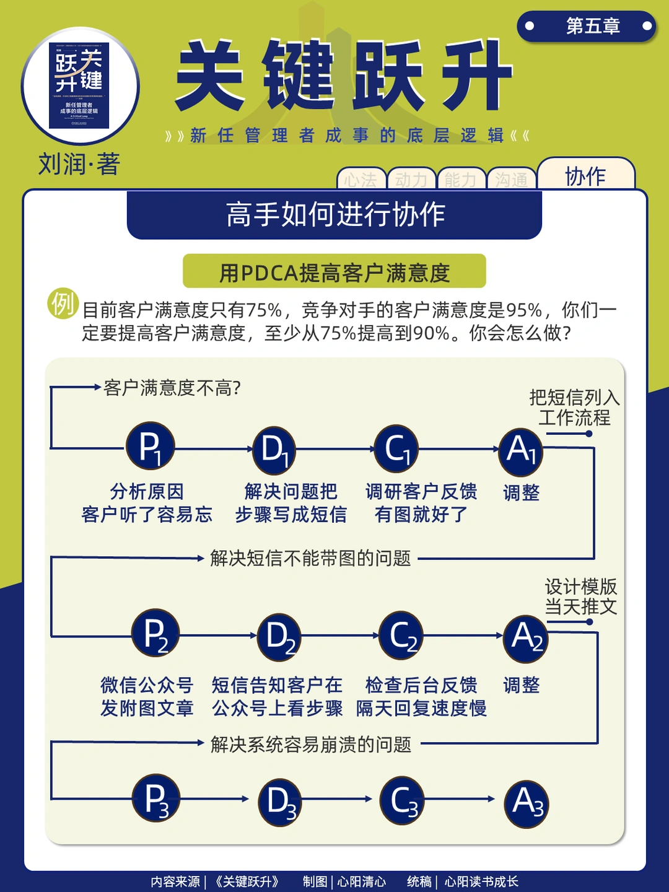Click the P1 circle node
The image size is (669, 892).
pos(150,447)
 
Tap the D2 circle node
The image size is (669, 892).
pos(279,636)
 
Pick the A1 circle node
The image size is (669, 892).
pos(520,450)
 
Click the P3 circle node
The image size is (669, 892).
pos(155,799)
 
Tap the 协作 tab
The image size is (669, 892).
pos(585,176)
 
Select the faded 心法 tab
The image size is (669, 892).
pos(361,180)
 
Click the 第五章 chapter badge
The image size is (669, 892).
pos(586,26)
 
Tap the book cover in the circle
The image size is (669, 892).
pos(79,85)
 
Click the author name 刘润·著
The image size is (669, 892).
pos(79,164)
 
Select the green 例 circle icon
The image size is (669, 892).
pos(63,304)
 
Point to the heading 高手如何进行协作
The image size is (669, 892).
pos(334,214)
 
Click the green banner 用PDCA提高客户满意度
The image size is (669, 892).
pos(334,272)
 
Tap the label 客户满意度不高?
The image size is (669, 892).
pos(172,388)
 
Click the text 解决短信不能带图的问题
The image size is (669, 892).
pos(310,558)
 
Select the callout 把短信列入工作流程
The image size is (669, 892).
pos(574,407)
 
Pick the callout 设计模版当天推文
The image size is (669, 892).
pos(580,596)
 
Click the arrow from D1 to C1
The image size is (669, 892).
pos(334,449)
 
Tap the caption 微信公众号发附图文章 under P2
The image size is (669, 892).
pos(147,696)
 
